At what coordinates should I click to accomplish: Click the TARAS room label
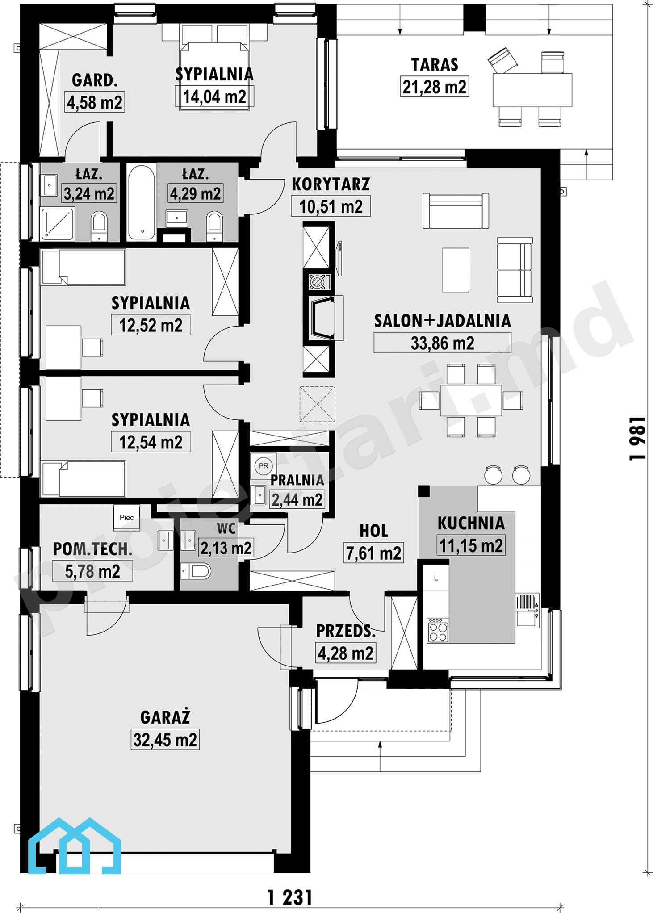pyautogui.click(x=435, y=65)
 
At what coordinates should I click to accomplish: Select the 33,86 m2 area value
pyautogui.click(x=442, y=343)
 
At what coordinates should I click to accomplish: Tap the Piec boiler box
pyautogui.click(x=127, y=517)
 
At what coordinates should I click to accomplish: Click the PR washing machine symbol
pyautogui.click(x=264, y=466)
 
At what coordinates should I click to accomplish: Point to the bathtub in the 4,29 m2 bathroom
pyautogui.click(x=142, y=202)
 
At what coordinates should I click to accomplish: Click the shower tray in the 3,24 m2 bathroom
pyautogui.click(x=57, y=223)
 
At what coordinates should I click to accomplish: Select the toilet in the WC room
pyautogui.click(x=196, y=571)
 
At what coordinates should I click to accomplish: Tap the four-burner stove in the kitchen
pyautogui.click(x=438, y=630)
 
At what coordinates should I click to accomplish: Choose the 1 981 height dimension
pyautogui.click(x=637, y=439)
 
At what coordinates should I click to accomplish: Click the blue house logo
pyautogui.click(x=74, y=846)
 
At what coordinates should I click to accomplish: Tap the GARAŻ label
pyautogui.click(x=165, y=717)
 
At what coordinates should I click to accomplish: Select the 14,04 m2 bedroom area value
pyautogui.click(x=214, y=96)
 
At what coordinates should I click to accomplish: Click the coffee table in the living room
pyautogui.click(x=456, y=270)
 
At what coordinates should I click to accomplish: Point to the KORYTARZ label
pyautogui.click(x=331, y=184)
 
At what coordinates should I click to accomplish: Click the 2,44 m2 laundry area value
pyautogui.click(x=297, y=499)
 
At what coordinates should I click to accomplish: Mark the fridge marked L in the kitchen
pyautogui.click(x=436, y=578)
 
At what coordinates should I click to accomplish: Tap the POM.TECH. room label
pyautogui.click(x=92, y=549)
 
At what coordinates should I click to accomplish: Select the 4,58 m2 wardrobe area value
pyautogui.click(x=95, y=102)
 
